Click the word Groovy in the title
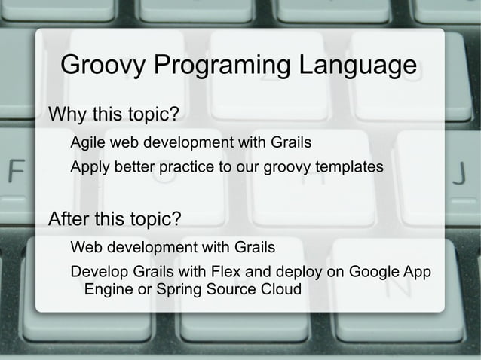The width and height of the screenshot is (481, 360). tap(103, 66)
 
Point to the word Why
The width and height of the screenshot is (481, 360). tap(67, 115)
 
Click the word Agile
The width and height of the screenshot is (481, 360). tap(88, 142)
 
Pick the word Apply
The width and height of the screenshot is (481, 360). tap(90, 166)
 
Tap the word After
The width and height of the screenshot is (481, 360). tap(70, 220)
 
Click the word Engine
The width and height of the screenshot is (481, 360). tap(107, 290)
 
